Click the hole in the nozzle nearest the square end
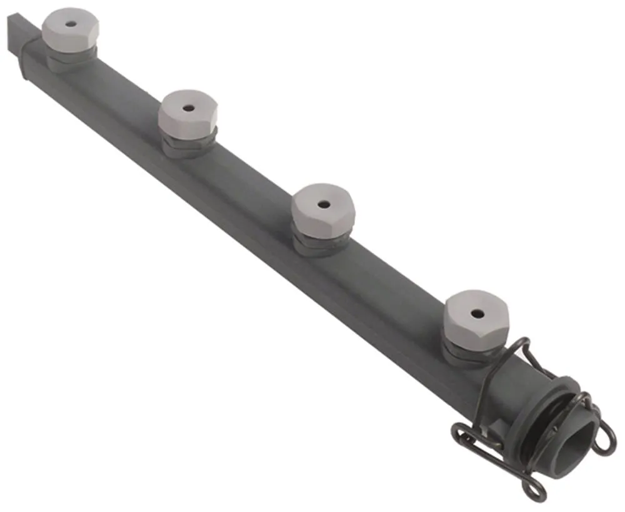(71, 24)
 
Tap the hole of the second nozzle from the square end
(188, 107)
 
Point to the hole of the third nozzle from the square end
(323, 204)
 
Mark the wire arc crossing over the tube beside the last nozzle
(500, 362)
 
